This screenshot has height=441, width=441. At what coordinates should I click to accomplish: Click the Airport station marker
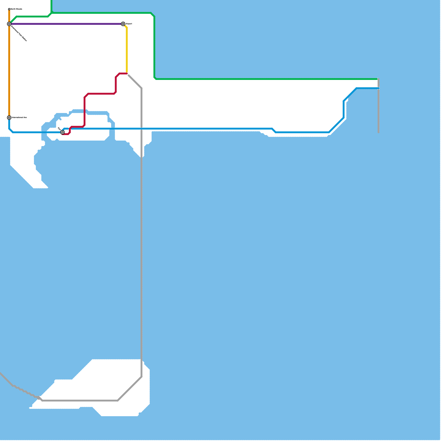point(123,24)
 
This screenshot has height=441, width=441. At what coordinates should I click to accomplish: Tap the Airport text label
point(129,24)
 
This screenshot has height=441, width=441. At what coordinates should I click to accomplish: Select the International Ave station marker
point(9,118)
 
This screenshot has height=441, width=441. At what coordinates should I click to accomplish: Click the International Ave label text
point(19,118)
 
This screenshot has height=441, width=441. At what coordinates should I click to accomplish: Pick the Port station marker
point(63,133)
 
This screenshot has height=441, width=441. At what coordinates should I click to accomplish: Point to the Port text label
point(59,129)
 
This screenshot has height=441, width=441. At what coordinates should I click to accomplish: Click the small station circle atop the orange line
point(9,9)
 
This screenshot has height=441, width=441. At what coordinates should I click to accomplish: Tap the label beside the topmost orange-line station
point(16,9)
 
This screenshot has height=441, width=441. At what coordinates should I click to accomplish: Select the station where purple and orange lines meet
point(9,24)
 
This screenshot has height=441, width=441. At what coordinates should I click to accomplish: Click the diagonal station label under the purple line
point(19,33)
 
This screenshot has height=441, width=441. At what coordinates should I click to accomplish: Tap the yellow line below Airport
point(127,50)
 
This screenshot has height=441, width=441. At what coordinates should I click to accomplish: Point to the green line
point(248,79)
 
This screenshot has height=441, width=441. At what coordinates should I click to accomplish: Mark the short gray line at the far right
point(378,110)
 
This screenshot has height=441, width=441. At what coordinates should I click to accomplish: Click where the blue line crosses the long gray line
point(142,129)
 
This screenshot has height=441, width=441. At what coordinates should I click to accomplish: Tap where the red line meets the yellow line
point(127,73)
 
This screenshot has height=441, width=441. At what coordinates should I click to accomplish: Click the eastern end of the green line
point(377,79)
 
